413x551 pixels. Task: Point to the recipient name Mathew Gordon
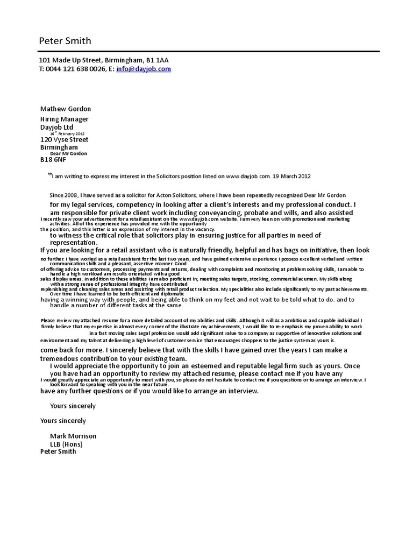pos(66,109)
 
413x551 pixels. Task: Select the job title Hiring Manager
pos(65,119)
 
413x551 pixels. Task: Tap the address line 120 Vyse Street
pos(65,139)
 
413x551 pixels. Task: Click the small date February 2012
pos(71,133)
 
